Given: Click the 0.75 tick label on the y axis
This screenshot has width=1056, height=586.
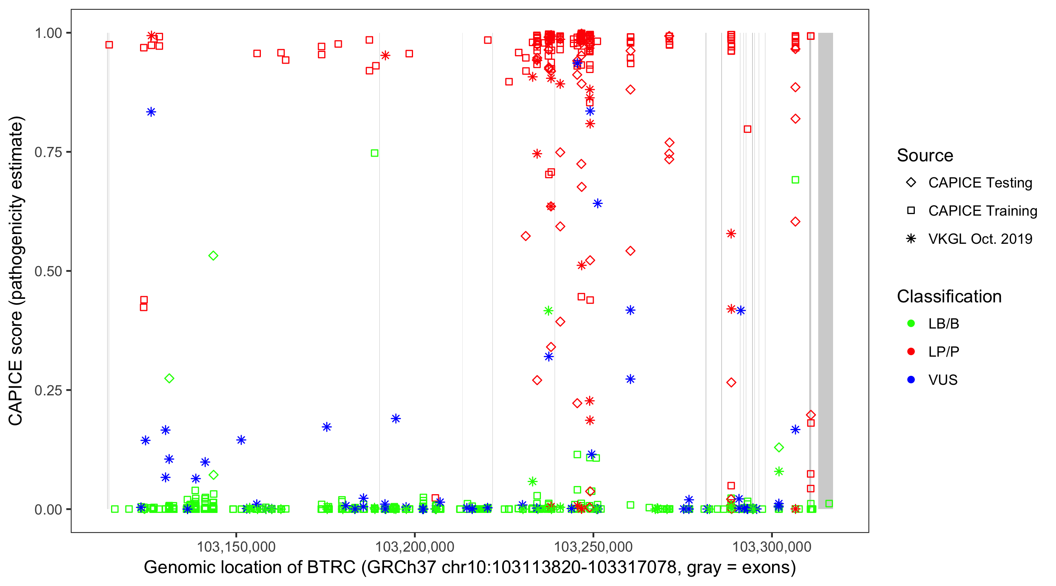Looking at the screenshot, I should pyautogui.click(x=48, y=152).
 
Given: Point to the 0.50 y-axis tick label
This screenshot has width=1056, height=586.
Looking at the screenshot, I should pyautogui.click(x=48, y=271).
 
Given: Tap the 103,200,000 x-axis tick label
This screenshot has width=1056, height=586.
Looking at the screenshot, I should pyautogui.click(x=415, y=547).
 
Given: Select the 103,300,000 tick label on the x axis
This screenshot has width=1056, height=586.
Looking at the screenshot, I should pyautogui.click(x=772, y=547).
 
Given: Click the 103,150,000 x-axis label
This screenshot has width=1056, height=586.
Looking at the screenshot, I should pyautogui.click(x=236, y=547).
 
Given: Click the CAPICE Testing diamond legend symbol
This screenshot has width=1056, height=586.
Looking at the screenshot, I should pyautogui.click(x=911, y=183).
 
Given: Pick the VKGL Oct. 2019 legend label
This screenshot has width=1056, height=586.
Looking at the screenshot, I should pyautogui.click(x=980, y=239).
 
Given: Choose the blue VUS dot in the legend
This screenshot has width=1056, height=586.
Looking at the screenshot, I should pyautogui.click(x=911, y=380).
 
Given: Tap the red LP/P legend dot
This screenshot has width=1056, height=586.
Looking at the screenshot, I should pyautogui.click(x=911, y=352).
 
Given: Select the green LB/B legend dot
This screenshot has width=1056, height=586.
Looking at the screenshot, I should pyautogui.click(x=911, y=323).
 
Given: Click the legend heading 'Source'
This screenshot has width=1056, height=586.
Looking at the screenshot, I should pyautogui.click(x=925, y=155).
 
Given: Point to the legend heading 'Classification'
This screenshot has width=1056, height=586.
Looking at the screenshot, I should pyautogui.click(x=949, y=297).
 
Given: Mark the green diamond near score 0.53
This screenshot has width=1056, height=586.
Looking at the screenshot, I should pyautogui.click(x=213, y=256).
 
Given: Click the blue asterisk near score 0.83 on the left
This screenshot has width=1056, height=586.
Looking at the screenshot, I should pyautogui.click(x=151, y=112).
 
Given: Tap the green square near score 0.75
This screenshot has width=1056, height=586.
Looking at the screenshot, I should pyautogui.click(x=374, y=153).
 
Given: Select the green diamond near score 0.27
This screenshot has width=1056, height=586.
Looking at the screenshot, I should pyautogui.click(x=169, y=379).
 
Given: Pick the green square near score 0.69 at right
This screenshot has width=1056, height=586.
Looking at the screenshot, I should pyautogui.click(x=795, y=180).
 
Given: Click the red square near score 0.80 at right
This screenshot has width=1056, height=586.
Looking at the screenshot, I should pyautogui.click(x=747, y=129).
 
